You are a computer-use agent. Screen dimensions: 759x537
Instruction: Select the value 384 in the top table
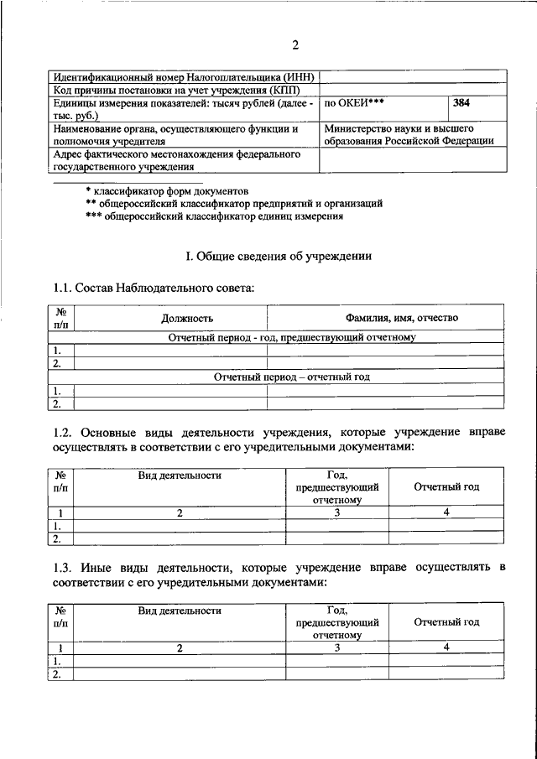coord(461,104)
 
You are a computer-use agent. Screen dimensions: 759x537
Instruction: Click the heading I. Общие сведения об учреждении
coord(278,255)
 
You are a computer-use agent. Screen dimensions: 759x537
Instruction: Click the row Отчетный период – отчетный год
coord(291,377)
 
